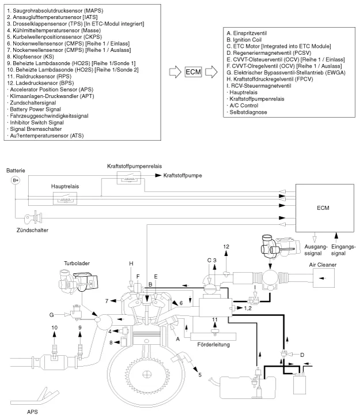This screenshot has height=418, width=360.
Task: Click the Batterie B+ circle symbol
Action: [x=16, y=180]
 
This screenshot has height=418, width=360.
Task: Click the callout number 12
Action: [x=226, y=247]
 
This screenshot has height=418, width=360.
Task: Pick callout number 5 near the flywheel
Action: [x=200, y=375]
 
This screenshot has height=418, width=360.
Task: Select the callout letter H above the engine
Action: [x=131, y=263]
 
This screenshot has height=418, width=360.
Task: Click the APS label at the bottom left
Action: [x=33, y=412]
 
